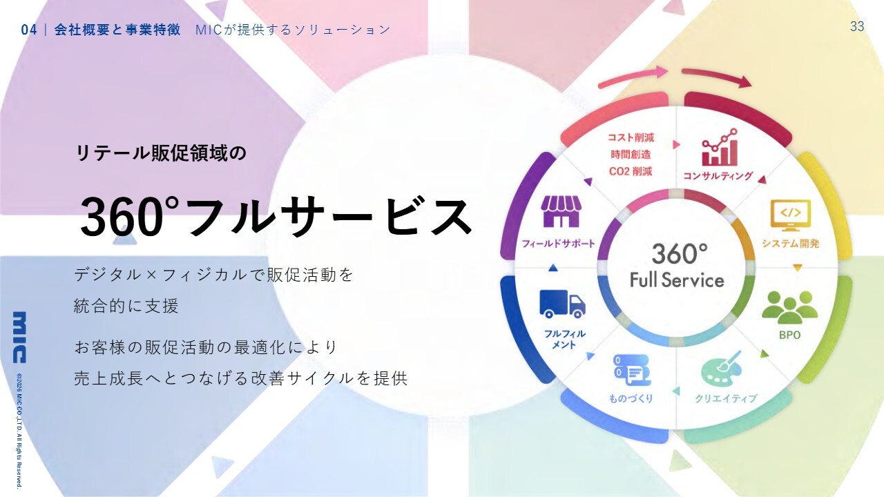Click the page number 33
pyautogui.click(x=857, y=26)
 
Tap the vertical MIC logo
pyautogui.click(x=19, y=338)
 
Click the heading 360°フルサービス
pyautogui.click(x=276, y=217)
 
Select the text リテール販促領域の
pyautogui.click(x=161, y=153)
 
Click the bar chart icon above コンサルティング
pyautogui.click(x=720, y=148)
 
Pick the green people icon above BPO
pyautogui.click(x=789, y=308)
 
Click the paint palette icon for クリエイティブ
pyautogui.click(x=720, y=369)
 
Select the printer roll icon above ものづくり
pyautogui.click(x=632, y=370)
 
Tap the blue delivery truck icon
pyautogui.click(x=562, y=304)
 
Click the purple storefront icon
pyautogui.click(x=561, y=211)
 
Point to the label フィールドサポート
pyautogui.click(x=558, y=244)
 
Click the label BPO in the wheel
pyautogui.click(x=789, y=335)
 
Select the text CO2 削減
pyautogui.click(x=631, y=171)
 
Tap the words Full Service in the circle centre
pyautogui.click(x=677, y=280)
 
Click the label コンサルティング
pyautogui.click(x=718, y=176)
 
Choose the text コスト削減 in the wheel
pyautogui.click(x=631, y=137)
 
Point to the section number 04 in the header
pyautogui.click(x=28, y=30)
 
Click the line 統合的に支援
pyautogui.click(x=126, y=306)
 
